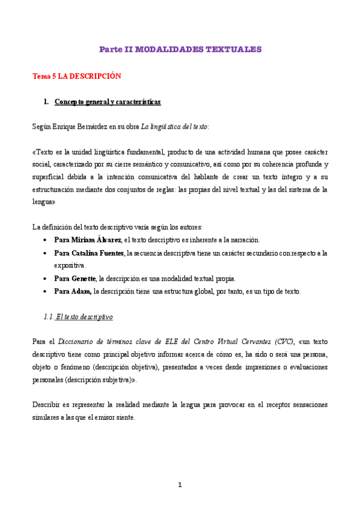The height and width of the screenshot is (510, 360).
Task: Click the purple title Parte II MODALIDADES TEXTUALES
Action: pyautogui.click(x=180, y=50)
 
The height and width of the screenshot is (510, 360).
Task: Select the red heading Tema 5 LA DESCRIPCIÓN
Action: pyautogui.click(x=76, y=76)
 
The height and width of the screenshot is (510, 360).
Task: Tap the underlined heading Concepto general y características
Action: pyautogui.click(x=108, y=102)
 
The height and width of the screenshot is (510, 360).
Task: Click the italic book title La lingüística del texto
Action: pyautogui.click(x=174, y=127)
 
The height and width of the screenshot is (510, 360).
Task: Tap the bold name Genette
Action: pyautogui.click(x=83, y=278)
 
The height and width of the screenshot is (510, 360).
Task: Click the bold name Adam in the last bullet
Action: pyautogui.click(x=81, y=292)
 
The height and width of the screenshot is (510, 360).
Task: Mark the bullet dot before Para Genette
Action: pyautogui.click(x=46, y=278)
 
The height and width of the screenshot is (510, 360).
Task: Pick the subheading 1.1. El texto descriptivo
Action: pyautogui.click(x=78, y=316)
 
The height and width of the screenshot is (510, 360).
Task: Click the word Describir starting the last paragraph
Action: pyautogui.click(x=46, y=405)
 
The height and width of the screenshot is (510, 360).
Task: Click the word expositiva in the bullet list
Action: pyautogui.click(x=70, y=265)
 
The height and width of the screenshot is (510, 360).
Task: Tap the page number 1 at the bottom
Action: pyautogui.click(x=180, y=485)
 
